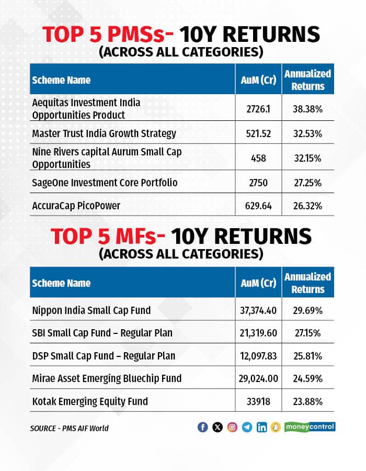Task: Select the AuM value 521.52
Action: click(258, 134)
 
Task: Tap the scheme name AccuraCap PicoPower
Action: click(76, 206)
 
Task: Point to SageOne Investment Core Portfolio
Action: click(105, 183)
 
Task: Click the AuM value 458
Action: click(258, 158)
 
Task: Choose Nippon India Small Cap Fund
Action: click(92, 310)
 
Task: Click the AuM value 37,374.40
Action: click(258, 311)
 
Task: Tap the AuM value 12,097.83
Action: click(258, 356)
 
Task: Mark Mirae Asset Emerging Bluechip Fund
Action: click(107, 378)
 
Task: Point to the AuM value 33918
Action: click(258, 402)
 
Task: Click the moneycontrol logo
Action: click(310, 427)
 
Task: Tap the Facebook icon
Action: click(203, 427)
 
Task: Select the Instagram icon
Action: click(232, 427)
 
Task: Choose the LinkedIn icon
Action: click(261, 427)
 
